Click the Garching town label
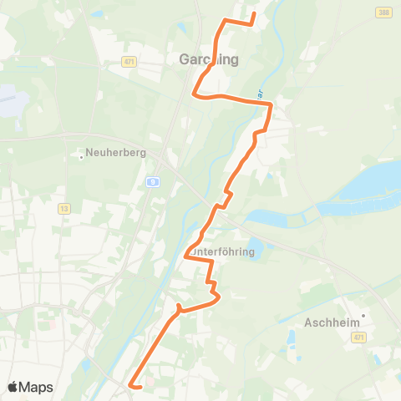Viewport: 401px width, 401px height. [209, 59]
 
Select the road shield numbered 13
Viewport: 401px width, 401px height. [63, 209]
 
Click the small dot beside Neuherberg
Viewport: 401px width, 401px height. [81, 155]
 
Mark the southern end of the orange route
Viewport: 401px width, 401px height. [130, 384]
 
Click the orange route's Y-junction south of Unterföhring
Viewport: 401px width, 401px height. [179, 310]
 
